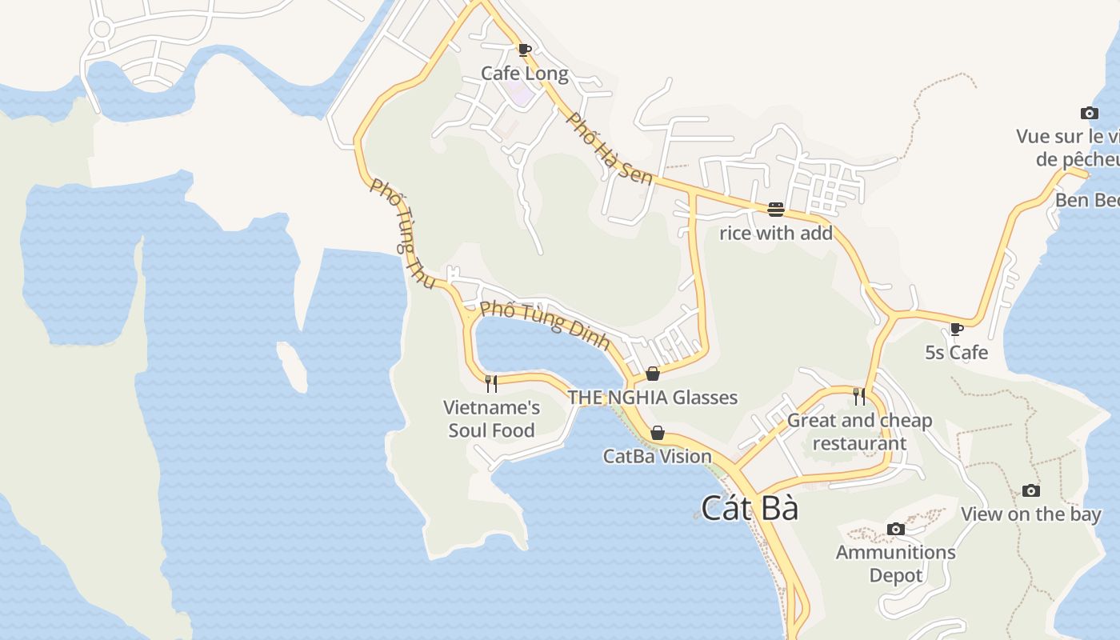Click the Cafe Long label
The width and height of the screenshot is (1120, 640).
point(524,74)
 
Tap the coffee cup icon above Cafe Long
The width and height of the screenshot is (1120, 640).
point(524,50)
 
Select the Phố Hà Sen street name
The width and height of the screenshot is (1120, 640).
point(609,148)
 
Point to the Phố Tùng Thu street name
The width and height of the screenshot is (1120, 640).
point(403,233)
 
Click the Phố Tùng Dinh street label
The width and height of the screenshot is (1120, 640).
point(545,325)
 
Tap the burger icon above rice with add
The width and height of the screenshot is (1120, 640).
point(775,210)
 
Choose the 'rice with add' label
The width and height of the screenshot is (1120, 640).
point(776,234)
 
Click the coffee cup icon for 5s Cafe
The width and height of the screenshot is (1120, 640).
point(956,329)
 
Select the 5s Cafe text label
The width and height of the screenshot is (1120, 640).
point(956,352)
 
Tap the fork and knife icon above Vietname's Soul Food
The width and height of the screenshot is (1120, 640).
point(491,384)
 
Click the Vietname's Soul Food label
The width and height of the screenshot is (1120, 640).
point(491,418)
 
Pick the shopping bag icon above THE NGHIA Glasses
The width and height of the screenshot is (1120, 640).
point(653,374)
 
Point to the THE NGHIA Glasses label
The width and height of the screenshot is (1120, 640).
point(652,397)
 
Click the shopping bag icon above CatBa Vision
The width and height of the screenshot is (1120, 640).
point(657,433)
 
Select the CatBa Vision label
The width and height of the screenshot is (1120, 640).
point(657,456)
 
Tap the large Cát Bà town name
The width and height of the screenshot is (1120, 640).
point(750,508)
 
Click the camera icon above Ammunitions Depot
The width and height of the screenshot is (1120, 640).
point(896,529)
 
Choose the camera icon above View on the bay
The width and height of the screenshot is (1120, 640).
point(1031,490)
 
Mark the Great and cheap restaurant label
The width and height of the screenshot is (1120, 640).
point(859,432)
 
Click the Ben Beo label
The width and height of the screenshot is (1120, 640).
point(1086,199)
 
